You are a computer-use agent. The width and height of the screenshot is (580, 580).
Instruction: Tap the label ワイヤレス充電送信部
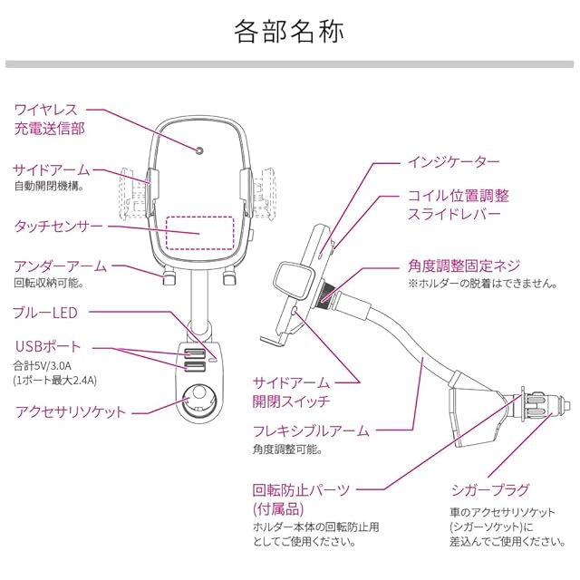pos(51,120)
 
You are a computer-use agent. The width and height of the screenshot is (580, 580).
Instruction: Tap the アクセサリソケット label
pos(71,412)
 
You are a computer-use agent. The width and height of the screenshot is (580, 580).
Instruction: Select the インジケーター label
pos(452,162)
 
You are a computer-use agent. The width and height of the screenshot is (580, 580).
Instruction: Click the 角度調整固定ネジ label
pos(464,266)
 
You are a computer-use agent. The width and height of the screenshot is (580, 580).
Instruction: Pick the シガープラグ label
pos(490,490)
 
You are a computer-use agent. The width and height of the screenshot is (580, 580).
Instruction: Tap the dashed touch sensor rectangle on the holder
pos(198,233)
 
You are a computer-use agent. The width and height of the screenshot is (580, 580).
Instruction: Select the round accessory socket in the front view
pos(197,396)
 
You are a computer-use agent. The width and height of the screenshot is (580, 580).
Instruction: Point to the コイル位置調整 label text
pos(458,196)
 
